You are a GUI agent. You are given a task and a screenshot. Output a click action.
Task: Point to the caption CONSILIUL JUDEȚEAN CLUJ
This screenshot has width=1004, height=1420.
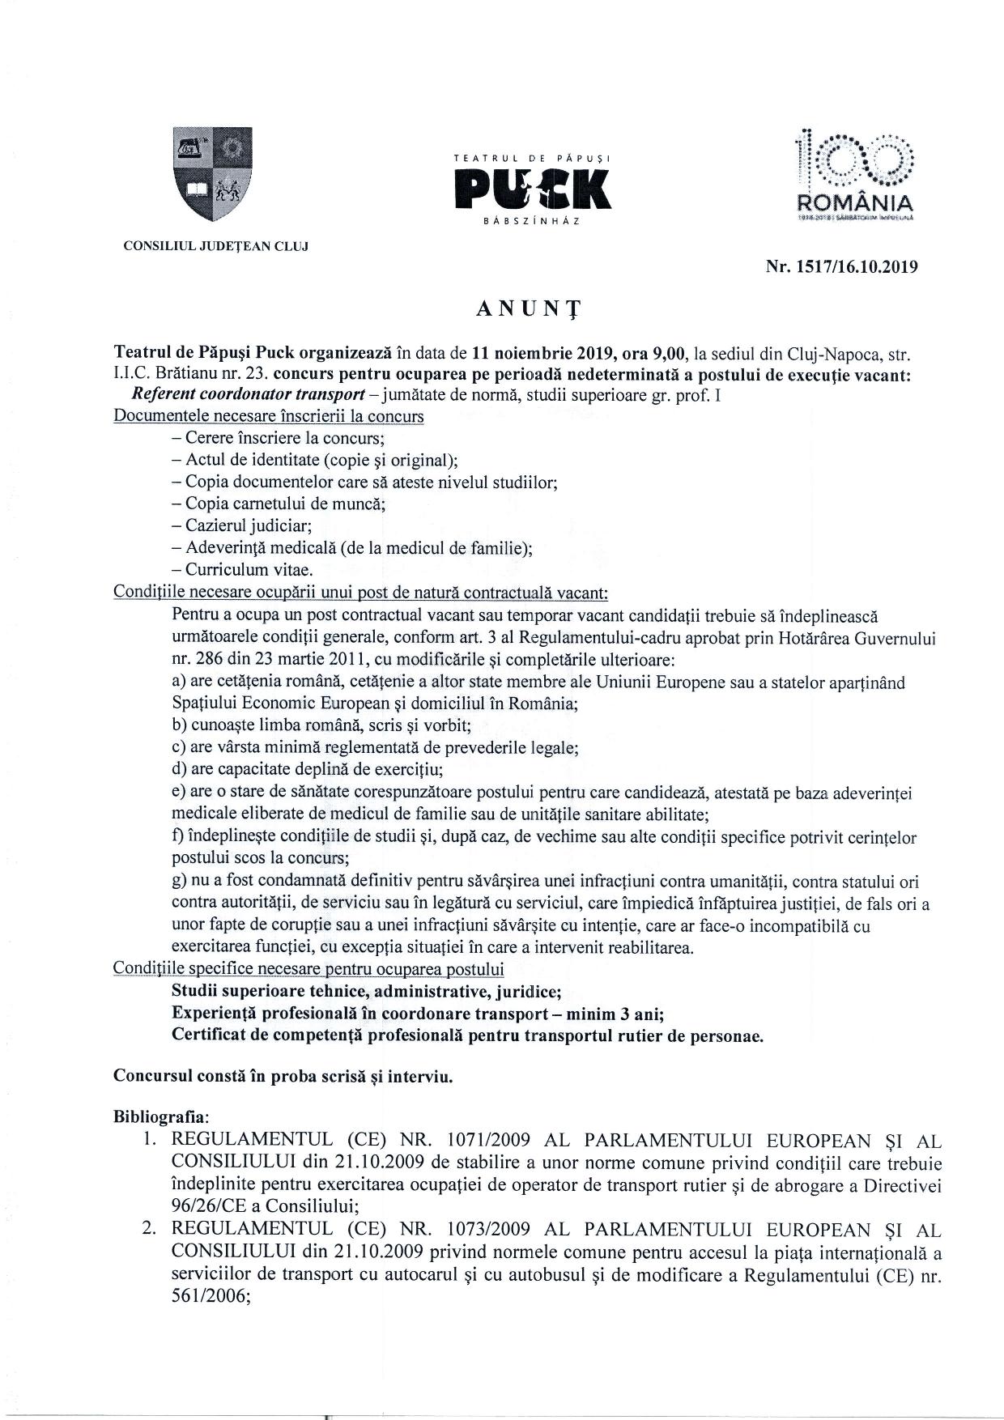pos(215,245)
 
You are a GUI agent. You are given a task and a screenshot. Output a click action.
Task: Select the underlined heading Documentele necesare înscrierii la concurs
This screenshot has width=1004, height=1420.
pos(269,416)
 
